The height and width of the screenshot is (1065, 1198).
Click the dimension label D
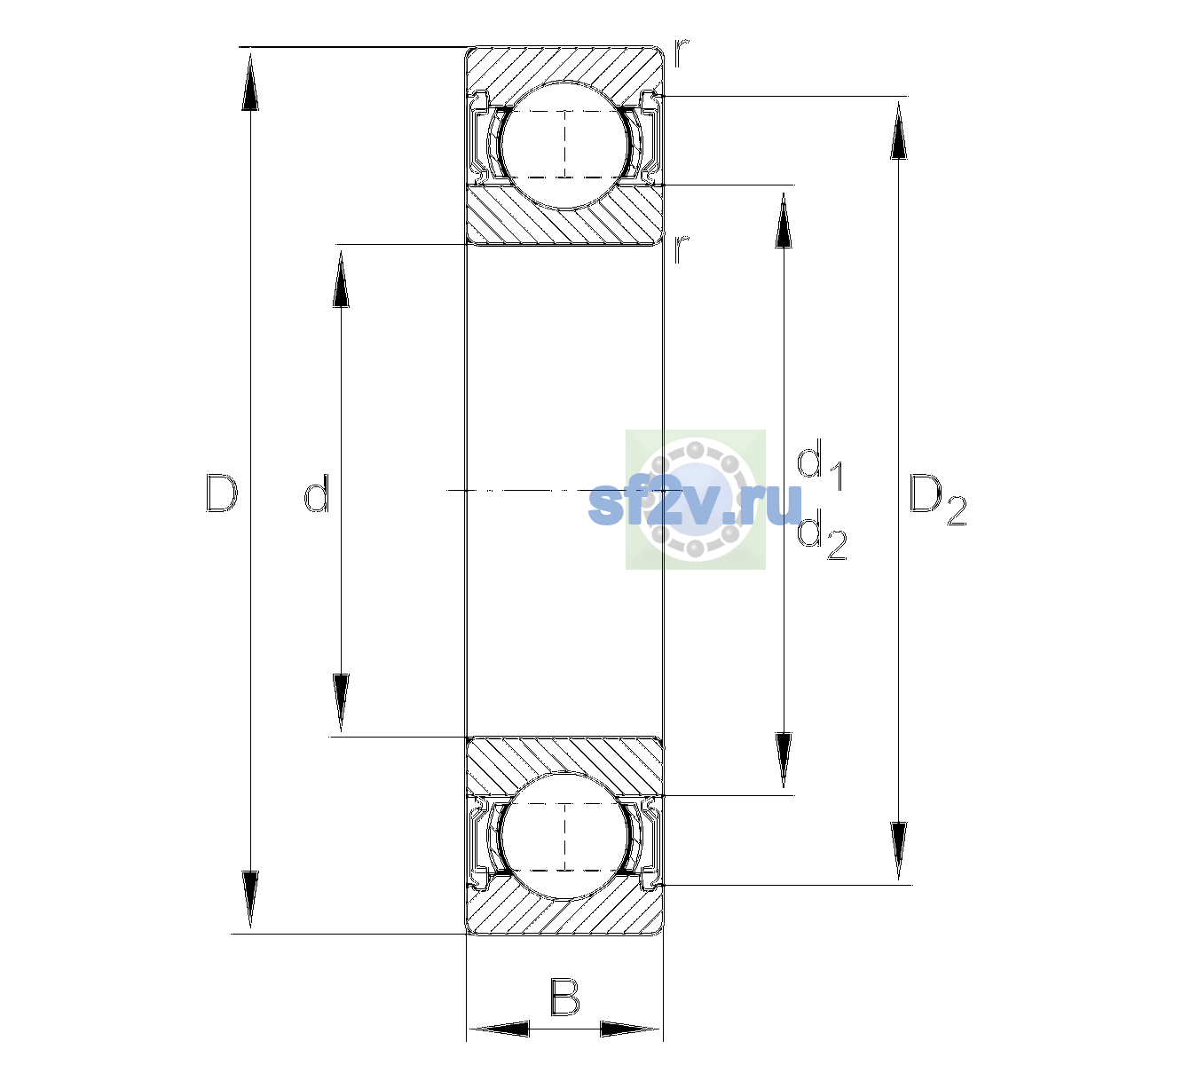pyautogui.click(x=221, y=493)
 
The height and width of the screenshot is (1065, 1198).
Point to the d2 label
pyautogui.click(x=822, y=534)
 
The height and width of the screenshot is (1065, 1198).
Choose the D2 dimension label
pyautogui.click(x=937, y=499)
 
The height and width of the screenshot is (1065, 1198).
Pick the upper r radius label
pyautogui.click(x=682, y=53)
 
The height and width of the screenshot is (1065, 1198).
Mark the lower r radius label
pyautogui.click(x=682, y=249)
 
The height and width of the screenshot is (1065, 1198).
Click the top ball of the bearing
pyautogui.click(x=564, y=145)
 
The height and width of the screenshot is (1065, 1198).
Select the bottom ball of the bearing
pyautogui.click(x=564, y=837)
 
